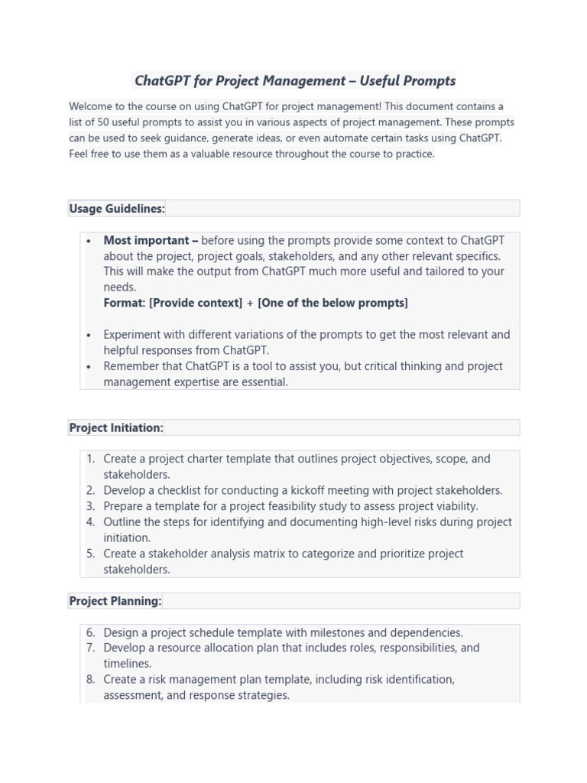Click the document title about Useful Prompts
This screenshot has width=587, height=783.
click(294, 80)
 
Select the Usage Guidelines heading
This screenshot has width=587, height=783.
click(117, 208)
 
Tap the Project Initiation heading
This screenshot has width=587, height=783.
click(116, 427)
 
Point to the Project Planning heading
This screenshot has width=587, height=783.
click(115, 601)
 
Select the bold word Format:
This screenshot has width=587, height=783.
click(125, 303)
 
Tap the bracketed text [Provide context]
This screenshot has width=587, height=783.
click(196, 303)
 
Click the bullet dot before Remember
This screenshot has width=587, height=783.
click(89, 367)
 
